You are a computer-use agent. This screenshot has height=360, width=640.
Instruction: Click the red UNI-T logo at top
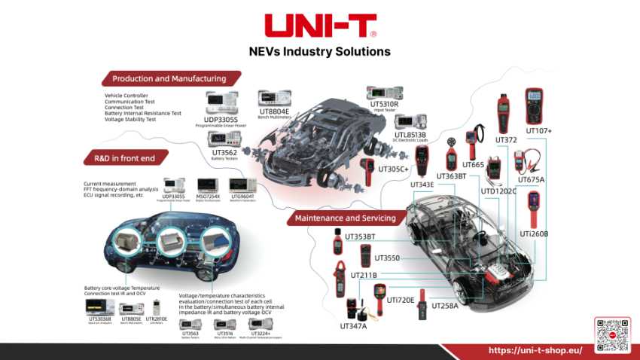(x=320, y=25)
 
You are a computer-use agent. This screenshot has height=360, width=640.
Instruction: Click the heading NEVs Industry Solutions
(x=319, y=52)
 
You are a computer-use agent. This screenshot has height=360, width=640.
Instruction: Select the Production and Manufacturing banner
(x=169, y=78)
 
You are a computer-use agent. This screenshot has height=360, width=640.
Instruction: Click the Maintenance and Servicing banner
(x=346, y=218)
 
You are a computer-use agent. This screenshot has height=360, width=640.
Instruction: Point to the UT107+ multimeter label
(x=539, y=130)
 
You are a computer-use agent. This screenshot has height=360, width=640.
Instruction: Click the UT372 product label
(x=506, y=139)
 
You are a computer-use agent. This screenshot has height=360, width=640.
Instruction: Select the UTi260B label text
(x=534, y=233)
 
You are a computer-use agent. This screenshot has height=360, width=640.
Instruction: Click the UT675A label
(x=531, y=179)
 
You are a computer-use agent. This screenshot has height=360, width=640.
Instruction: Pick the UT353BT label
(x=360, y=236)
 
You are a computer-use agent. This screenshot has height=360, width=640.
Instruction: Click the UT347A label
(x=353, y=326)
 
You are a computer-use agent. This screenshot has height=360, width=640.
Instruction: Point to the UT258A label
(x=443, y=306)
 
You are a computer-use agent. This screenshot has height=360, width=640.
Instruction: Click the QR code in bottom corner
(x=612, y=334)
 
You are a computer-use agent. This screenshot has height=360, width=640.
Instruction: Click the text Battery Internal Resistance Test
(x=143, y=113)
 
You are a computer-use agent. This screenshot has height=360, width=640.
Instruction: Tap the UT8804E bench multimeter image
(x=274, y=99)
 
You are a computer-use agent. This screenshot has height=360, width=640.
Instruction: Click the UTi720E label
(x=401, y=299)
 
